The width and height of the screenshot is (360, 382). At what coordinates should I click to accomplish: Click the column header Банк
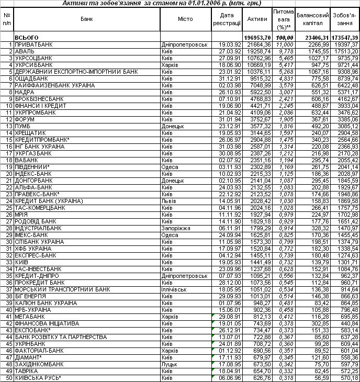[87, 19]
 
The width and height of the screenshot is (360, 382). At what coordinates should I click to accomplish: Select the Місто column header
[185, 19]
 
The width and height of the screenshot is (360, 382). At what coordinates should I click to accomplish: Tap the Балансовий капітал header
[312, 19]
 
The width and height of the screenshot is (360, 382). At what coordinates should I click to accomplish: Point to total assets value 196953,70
[257, 38]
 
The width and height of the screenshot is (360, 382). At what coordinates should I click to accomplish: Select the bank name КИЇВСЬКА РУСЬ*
[38, 377]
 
